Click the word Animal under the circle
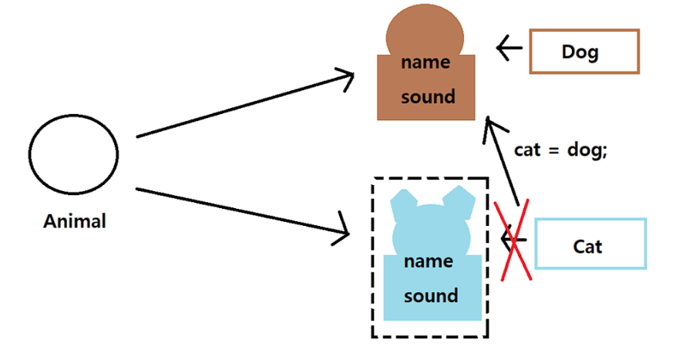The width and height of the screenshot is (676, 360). point(75,221)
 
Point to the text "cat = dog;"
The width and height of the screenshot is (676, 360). point(561,150)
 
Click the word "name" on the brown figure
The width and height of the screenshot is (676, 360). point(425,62)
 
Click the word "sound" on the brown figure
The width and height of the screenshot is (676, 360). point(428,97)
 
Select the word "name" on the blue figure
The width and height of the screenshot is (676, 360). point(428,261)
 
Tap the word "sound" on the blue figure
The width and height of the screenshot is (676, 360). point(431,296)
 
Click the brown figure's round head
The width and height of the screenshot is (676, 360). point(425,31)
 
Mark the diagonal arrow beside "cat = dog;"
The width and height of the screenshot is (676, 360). point(505,166)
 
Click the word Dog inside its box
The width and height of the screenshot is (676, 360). point(580,52)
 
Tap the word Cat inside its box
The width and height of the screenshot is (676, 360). point(587,247)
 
